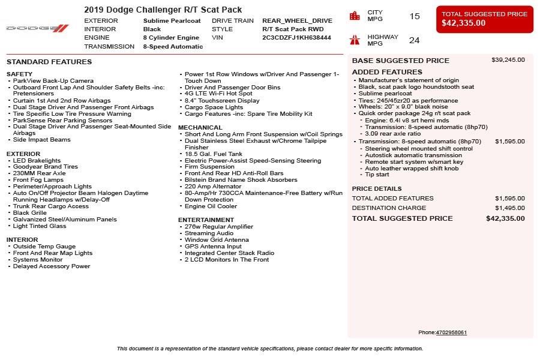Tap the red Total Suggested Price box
click(x=484, y=19)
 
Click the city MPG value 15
click(x=415, y=16)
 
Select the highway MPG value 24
click(x=415, y=40)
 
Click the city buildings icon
click(x=355, y=16)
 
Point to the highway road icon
click(x=355, y=40)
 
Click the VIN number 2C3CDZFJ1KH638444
click(x=296, y=37)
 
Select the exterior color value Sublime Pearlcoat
click(x=173, y=20)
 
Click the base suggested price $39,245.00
click(x=508, y=60)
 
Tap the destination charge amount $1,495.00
click(x=509, y=208)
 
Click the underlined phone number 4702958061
click(x=451, y=332)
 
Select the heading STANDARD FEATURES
click(x=49, y=62)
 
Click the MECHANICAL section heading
click(x=200, y=127)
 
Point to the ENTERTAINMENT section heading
click(x=206, y=220)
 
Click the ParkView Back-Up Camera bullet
click(x=53, y=81)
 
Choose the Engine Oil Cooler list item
click(x=211, y=206)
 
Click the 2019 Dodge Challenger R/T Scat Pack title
click(x=163, y=10)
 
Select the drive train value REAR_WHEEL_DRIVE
click(x=297, y=20)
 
